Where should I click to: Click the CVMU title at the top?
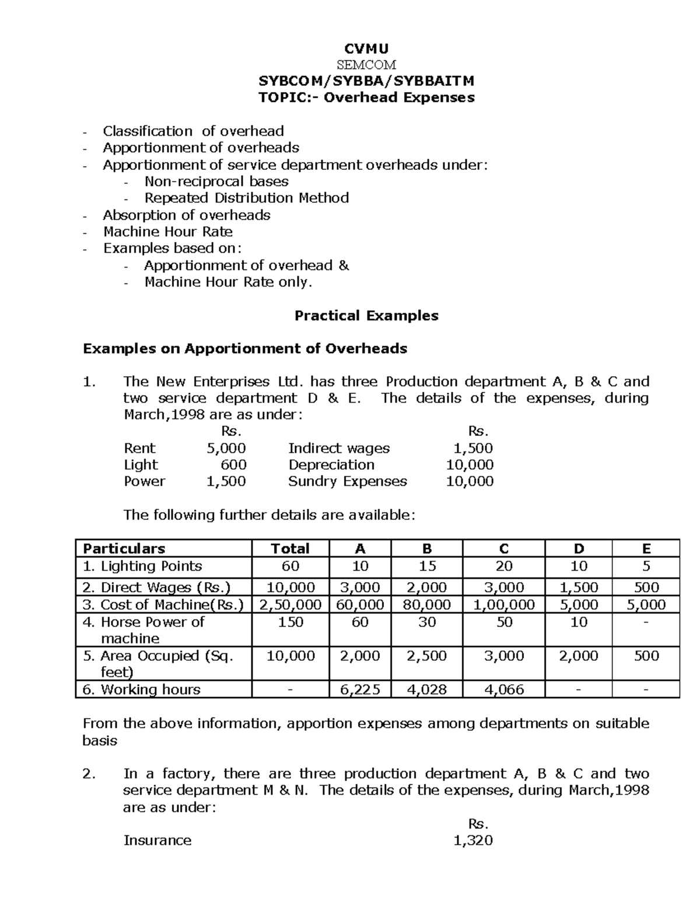pyautogui.click(x=366, y=48)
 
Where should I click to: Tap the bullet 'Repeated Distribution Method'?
pyautogui.click(x=246, y=198)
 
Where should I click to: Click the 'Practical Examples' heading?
pyautogui.click(x=366, y=316)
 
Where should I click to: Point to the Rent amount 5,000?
pyautogui.click(x=226, y=448)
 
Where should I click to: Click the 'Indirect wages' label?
pyautogui.click(x=339, y=448)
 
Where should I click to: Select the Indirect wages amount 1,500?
pyautogui.click(x=473, y=448)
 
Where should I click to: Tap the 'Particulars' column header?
pyautogui.click(x=124, y=548)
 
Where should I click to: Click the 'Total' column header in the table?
pyautogui.click(x=290, y=548)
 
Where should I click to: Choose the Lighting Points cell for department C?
pyautogui.click(x=504, y=566)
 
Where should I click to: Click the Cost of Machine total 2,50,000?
pyautogui.click(x=290, y=604)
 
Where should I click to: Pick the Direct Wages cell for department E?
pyautogui.click(x=646, y=587)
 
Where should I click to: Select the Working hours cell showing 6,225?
pyautogui.click(x=360, y=690)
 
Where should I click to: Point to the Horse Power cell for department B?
pyautogui.click(x=427, y=622)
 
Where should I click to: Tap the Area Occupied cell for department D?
pyautogui.click(x=578, y=656)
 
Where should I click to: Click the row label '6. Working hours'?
pyautogui.click(x=142, y=690)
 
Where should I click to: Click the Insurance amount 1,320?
pyautogui.click(x=473, y=840)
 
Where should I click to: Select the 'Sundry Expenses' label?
pyautogui.click(x=347, y=481)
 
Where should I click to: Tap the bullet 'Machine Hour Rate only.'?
pyautogui.click(x=228, y=282)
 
